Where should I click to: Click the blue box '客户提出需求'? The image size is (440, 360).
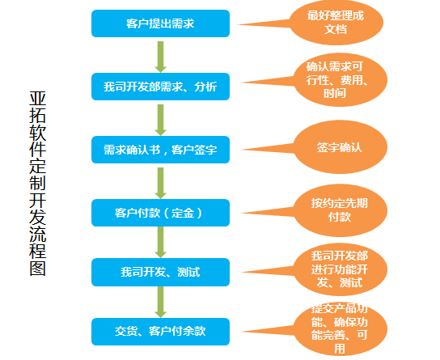pyautogui.click(x=160, y=23)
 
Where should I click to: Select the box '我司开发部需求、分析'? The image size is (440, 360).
pyautogui.click(x=160, y=87)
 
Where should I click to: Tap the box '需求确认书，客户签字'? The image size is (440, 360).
pyautogui.click(x=160, y=150)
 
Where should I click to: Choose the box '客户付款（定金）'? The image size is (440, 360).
pyautogui.click(x=160, y=213)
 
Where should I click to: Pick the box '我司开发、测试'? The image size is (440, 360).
pyautogui.click(x=160, y=272)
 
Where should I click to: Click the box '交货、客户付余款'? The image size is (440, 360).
pyautogui.click(x=160, y=332)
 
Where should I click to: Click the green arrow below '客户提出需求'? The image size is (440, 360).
pyautogui.click(x=160, y=57)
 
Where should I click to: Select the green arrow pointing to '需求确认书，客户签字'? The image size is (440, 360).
pyautogui.click(x=160, y=120)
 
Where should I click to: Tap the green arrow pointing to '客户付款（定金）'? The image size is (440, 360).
pyautogui.click(x=160, y=183)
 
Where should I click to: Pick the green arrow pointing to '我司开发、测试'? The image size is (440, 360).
pyautogui.click(x=160, y=243)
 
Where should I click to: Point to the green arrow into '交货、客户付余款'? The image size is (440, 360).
pyautogui.click(x=160, y=303)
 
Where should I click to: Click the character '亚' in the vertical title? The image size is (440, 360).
pyautogui.click(x=37, y=99)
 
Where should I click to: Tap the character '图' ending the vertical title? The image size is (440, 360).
pyautogui.click(x=37, y=269)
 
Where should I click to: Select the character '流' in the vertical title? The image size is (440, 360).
pyautogui.click(x=37, y=235)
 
